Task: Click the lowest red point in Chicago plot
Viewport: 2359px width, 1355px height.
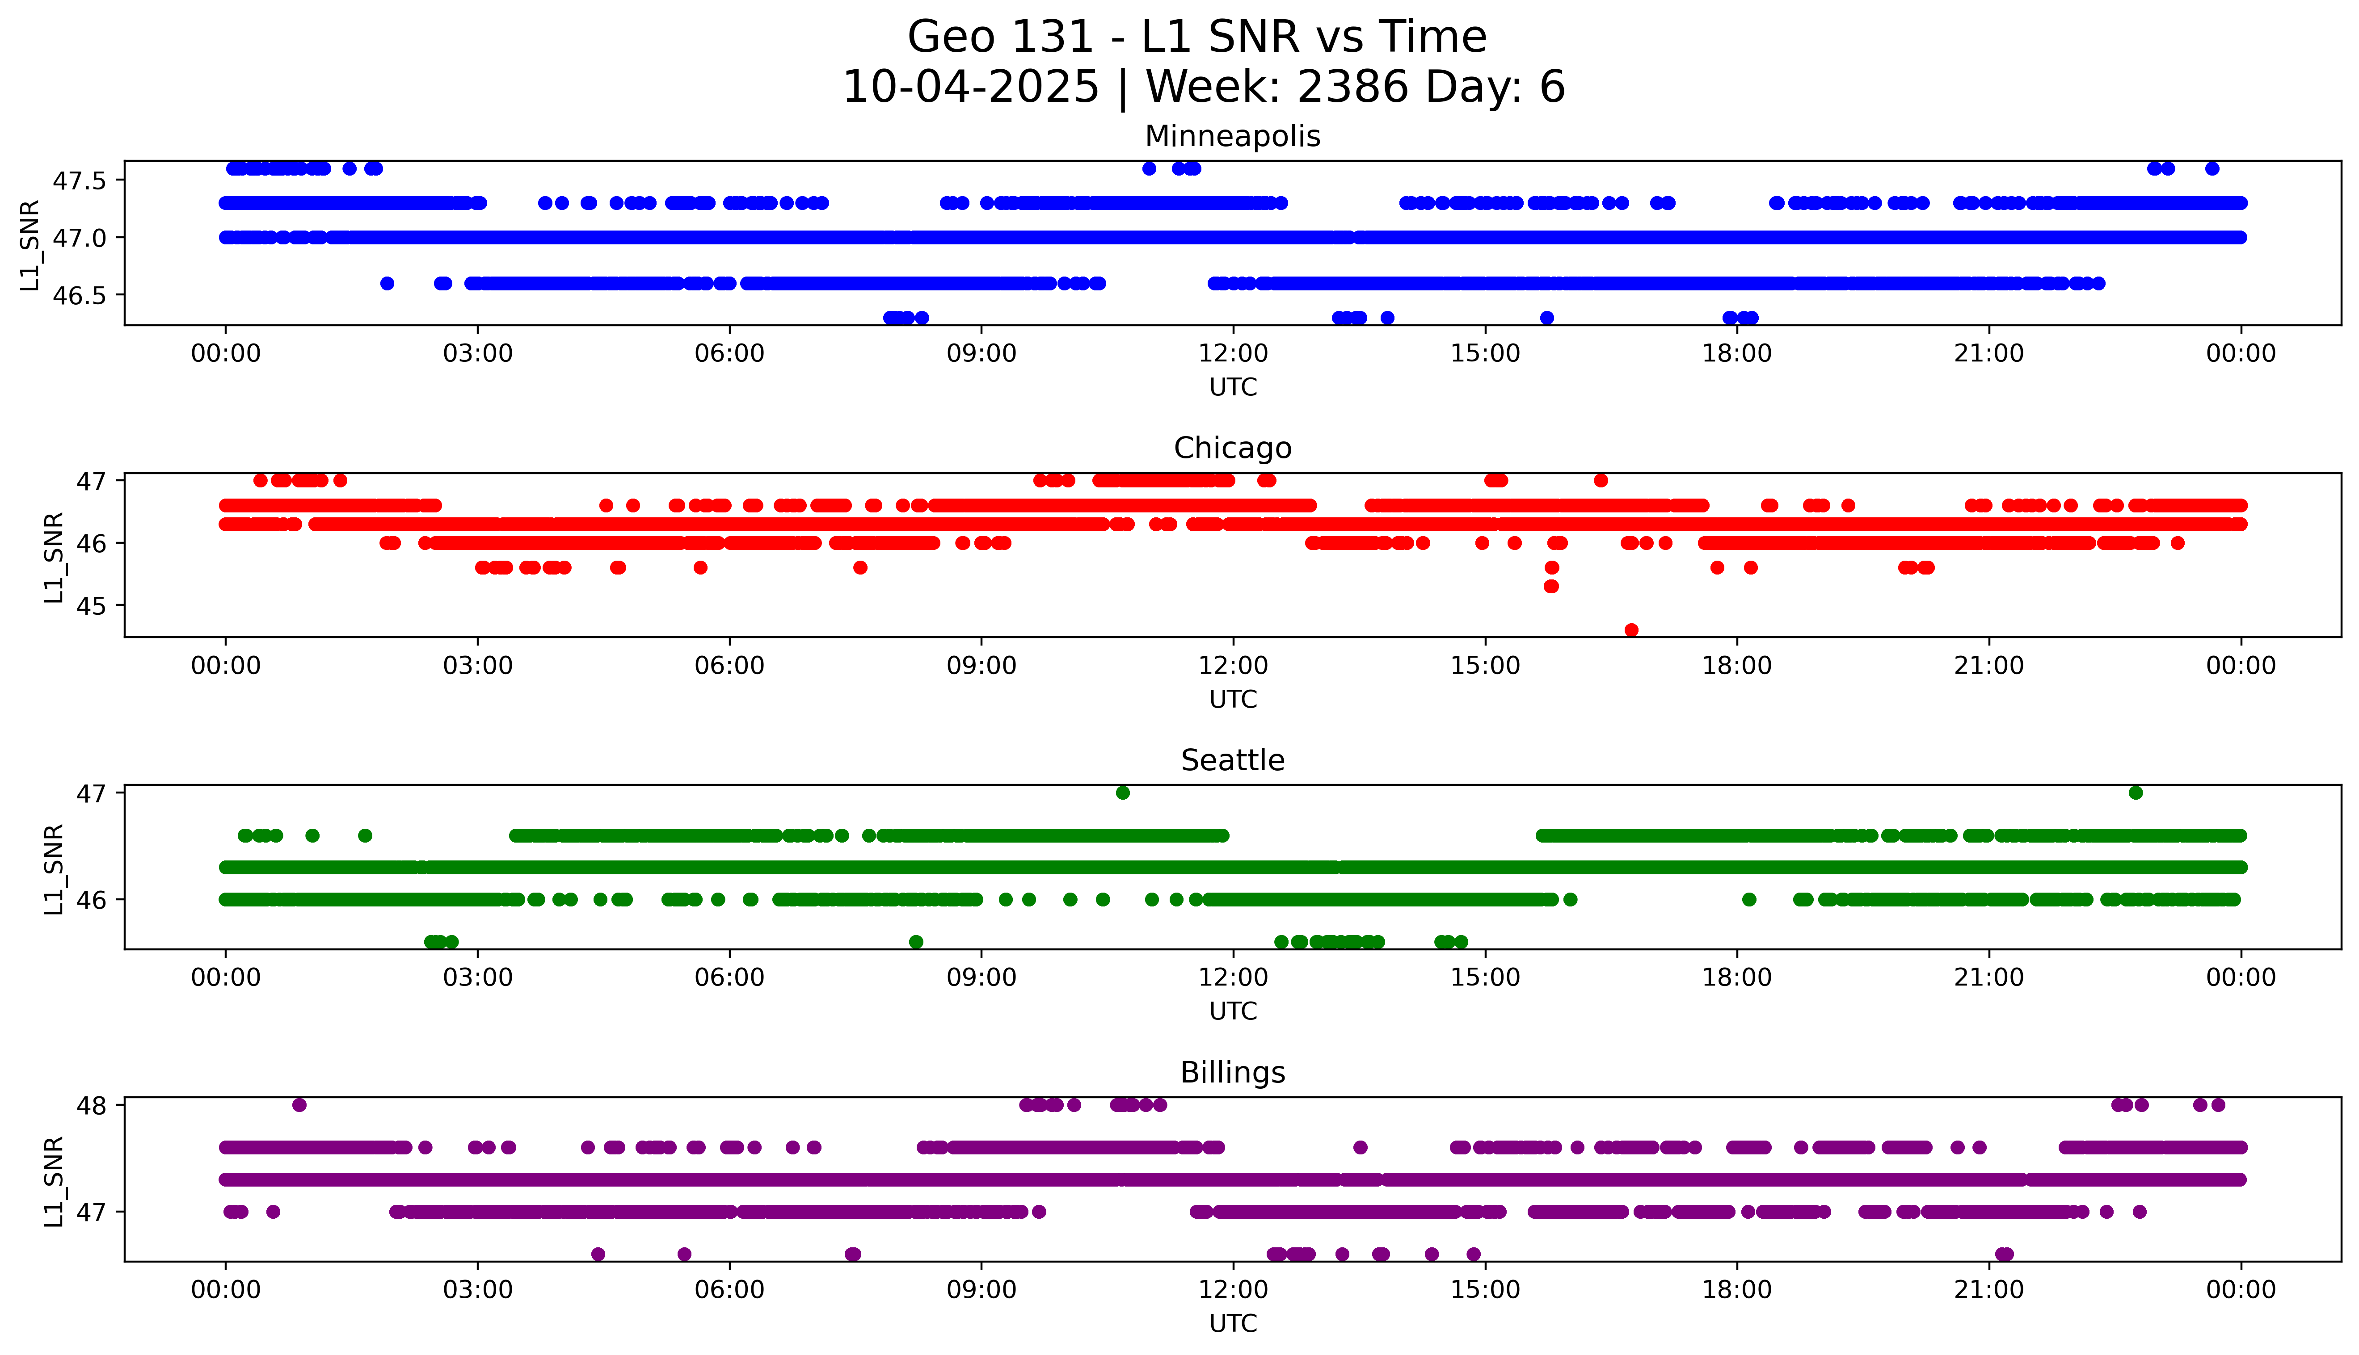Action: (1631, 630)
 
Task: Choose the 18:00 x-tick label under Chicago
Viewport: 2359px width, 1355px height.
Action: (1737, 665)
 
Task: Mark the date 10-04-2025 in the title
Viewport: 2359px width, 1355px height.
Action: (971, 88)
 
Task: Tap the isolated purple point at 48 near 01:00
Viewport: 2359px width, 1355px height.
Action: (299, 1105)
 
